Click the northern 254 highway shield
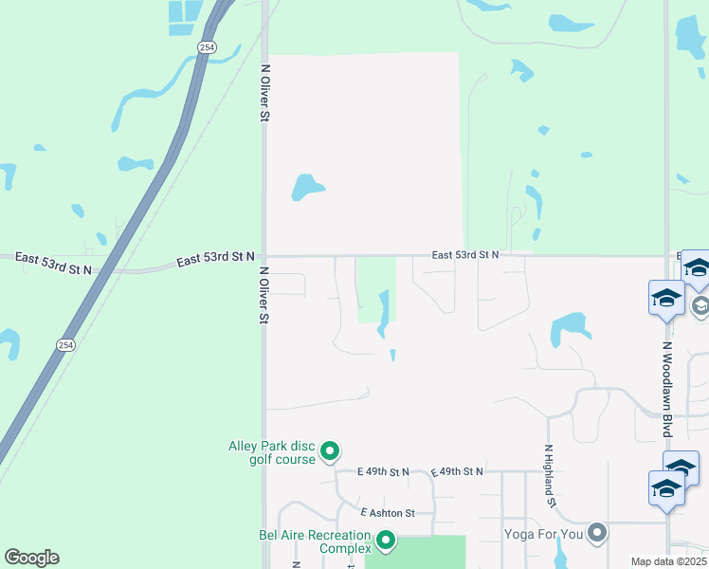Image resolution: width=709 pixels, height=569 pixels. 206,46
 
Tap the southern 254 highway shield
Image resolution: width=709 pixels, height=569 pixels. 64,345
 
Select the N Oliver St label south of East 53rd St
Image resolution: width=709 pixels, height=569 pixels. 265,295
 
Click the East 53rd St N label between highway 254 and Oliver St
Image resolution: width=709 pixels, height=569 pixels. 215,258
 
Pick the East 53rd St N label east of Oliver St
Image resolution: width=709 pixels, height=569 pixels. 464,255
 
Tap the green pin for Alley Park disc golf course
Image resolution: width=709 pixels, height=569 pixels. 330,450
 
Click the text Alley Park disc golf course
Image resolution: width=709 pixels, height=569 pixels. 272,452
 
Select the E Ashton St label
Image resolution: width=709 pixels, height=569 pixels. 387,513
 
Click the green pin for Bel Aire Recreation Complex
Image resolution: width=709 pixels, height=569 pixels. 386,541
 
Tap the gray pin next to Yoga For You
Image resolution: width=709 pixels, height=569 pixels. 596,533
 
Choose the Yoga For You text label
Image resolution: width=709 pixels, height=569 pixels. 543,534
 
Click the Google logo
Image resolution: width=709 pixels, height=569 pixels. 31,558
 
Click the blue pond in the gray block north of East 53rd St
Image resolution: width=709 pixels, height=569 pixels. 305,187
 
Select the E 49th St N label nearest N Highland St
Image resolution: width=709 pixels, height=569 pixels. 457,471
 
